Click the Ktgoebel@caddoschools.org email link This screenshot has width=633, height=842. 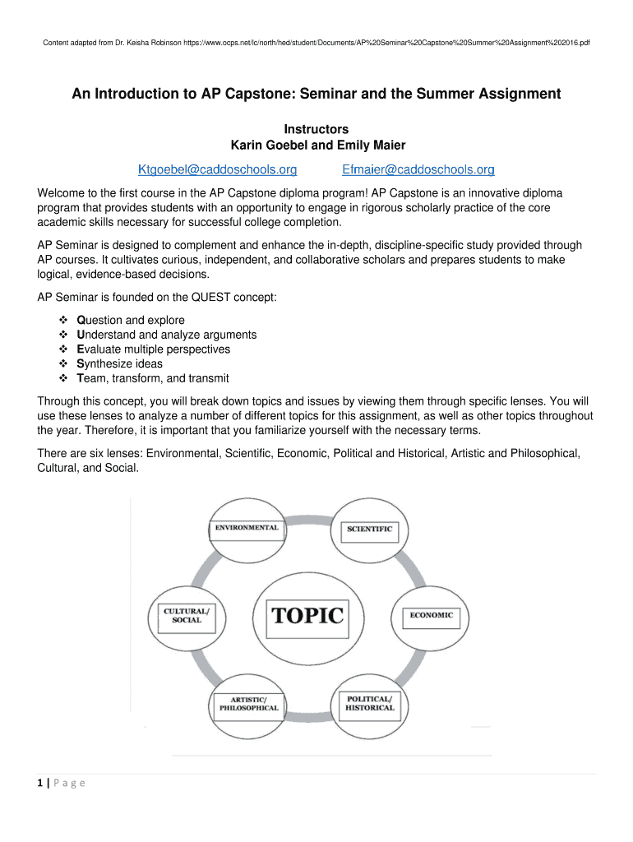(217, 170)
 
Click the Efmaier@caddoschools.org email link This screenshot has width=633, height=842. (418, 170)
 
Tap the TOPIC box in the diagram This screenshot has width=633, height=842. (307, 615)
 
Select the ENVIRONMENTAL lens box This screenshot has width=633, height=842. (247, 527)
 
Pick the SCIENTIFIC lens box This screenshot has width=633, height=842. (369, 529)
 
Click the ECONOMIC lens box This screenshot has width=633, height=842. (432, 615)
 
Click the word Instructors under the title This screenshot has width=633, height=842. (316, 129)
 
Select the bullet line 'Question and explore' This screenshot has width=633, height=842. (130, 320)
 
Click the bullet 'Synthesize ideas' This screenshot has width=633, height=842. (119, 363)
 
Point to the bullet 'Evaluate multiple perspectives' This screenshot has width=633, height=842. (153, 349)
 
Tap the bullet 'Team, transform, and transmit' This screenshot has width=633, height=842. (152, 378)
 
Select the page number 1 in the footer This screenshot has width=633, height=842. (41, 783)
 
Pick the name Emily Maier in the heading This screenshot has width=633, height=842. (372, 146)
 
